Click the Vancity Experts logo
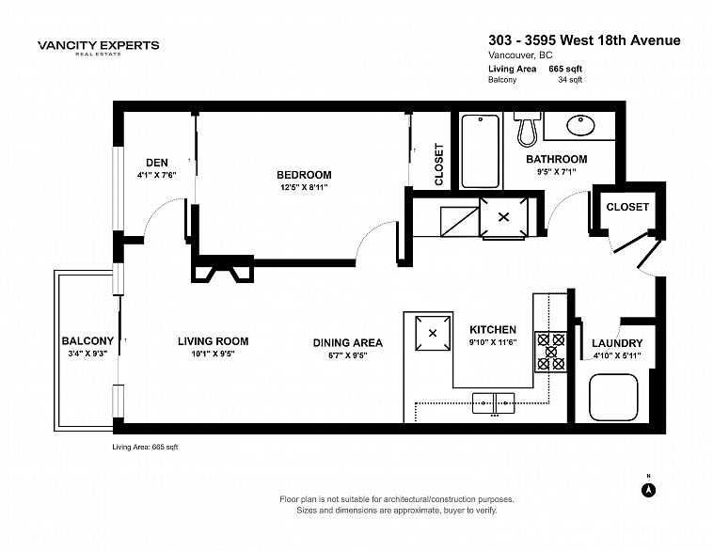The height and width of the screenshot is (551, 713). tap(98, 47)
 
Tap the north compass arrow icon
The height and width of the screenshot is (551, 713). tap(649, 490)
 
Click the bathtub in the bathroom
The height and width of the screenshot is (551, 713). tap(480, 151)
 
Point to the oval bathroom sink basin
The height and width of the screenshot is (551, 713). tap(580, 125)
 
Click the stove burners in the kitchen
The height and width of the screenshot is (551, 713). tap(550, 352)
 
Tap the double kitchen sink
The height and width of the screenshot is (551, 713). tap(494, 403)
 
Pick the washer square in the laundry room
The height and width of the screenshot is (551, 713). tap(613, 398)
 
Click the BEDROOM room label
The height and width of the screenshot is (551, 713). tap(304, 175)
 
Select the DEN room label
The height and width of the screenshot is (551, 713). tap(157, 163)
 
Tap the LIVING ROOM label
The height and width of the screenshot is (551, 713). tap(214, 341)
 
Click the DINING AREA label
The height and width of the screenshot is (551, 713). tap(348, 343)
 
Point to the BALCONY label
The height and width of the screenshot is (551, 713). tap(87, 341)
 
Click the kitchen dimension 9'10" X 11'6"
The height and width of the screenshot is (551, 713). tap(493, 343)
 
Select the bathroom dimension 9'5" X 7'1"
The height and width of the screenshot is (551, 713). tap(557, 172)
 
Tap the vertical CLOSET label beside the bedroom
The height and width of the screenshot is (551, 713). tap(438, 165)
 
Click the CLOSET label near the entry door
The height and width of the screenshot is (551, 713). tap(627, 207)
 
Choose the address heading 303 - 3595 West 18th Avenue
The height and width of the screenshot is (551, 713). tap(584, 40)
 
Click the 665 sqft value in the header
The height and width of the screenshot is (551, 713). tap(565, 69)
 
